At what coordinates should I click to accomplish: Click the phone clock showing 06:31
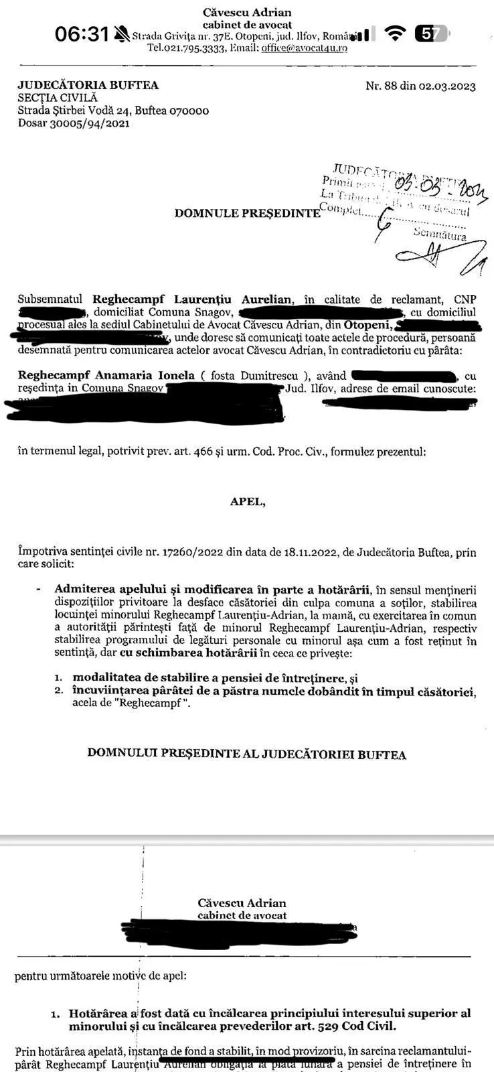pyautogui.click(x=81, y=33)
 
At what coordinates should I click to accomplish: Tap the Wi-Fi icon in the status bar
pyautogui.click(x=397, y=33)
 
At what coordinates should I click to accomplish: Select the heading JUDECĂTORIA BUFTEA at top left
pyautogui.click(x=88, y=85)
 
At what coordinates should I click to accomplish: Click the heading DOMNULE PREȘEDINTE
pyautogui.click(x=247, y=213)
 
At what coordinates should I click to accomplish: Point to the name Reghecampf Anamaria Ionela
pyautogui.click(x=106, y=375)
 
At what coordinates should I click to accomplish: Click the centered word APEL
pyautogui.click(x=247, y=502)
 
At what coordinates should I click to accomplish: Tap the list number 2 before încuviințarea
pyautogui.click(x=59, y=691)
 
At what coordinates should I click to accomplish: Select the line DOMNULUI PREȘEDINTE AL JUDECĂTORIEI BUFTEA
pyautogui.click(x=247, y=754)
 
